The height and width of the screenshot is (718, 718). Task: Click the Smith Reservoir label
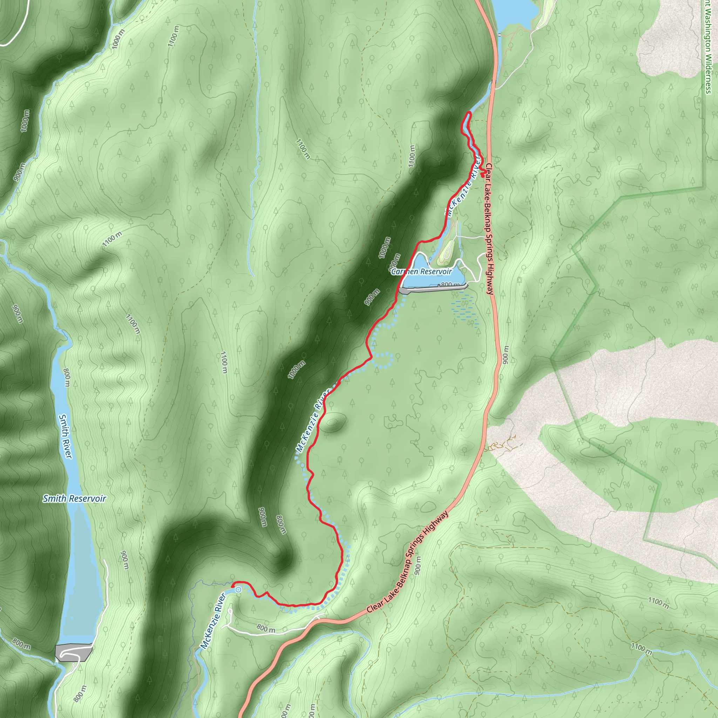(74, 499)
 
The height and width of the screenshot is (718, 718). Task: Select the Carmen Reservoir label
(421, 272)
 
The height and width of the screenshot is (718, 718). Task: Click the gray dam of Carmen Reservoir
(433, 289)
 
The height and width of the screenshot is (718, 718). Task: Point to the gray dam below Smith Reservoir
(73, 652)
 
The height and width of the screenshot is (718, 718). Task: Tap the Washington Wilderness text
(707, 47)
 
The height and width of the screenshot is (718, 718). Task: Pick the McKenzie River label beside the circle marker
(213, 621)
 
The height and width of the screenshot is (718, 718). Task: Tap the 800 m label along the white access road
(266, 629)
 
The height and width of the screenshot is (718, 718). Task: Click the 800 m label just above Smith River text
(67, 378)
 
